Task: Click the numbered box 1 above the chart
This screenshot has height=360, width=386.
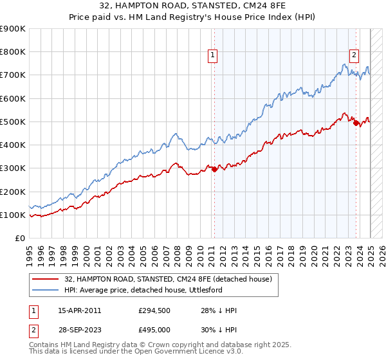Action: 212,56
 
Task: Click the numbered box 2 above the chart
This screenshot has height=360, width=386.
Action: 354,56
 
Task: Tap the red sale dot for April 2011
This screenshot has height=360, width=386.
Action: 214,170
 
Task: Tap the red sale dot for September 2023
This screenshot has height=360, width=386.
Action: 356,123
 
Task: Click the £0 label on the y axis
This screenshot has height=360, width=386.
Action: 19,239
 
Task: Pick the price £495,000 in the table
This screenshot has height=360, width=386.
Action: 154,330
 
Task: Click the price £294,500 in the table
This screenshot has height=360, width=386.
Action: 154,310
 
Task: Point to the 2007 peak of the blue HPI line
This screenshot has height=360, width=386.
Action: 174,134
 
